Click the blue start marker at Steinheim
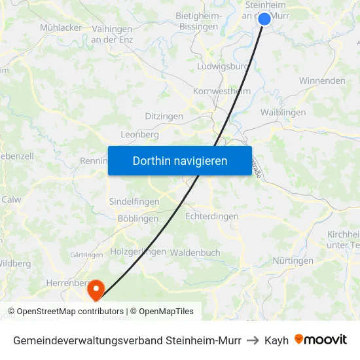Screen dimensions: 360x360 coord(264,19)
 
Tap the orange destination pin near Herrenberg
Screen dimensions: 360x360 coord(96,289)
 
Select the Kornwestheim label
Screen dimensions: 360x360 coord(222,92)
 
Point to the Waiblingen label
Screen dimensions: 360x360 coord(283,113)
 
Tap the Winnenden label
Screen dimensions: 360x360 coord(322,81)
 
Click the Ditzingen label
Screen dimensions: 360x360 coord(164,117)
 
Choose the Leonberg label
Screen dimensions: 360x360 coord(140,134)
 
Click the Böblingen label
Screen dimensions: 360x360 coord(138,219)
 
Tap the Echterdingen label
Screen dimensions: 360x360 coord(212,216)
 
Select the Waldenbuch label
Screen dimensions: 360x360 coord(195,253)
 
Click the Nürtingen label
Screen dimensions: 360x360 coord(293,261)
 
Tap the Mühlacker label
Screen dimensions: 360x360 coord(61,27)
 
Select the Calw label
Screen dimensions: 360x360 coord(11,200)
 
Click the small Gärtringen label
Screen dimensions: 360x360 coord(85,255)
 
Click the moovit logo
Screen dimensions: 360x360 coord(321,340)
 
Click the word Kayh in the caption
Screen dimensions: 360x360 coord(276,340)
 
